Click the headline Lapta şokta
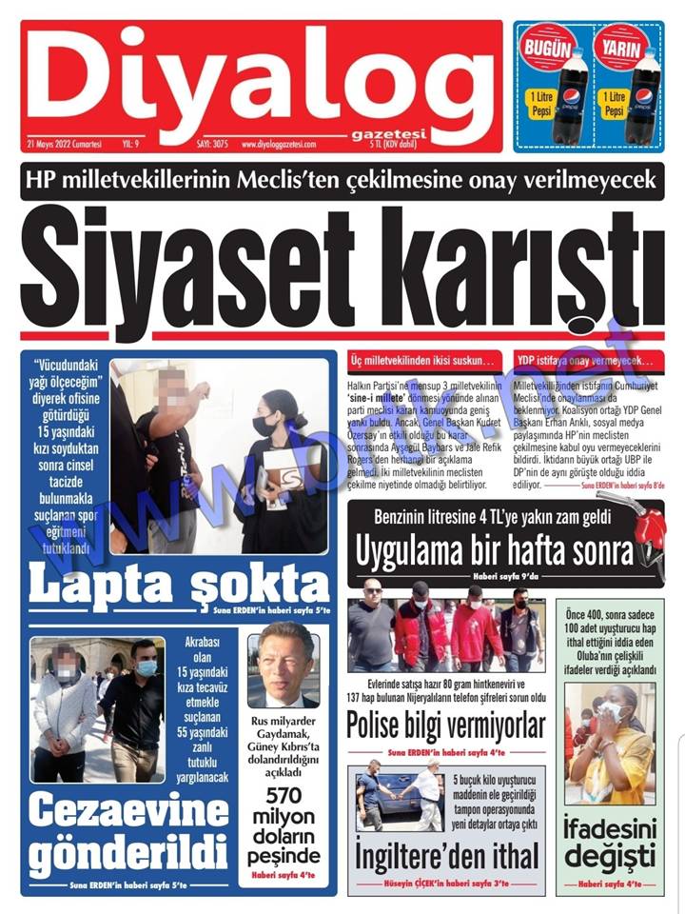(x=179, y=583)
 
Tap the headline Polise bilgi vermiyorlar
(x=445, y=725)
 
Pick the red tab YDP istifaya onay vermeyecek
(x=586, y=361)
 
